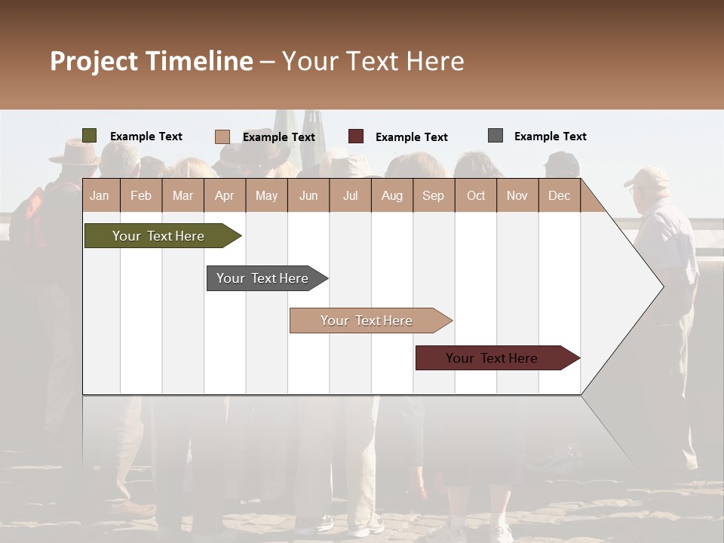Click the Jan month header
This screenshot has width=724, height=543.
click(x=100, y=195)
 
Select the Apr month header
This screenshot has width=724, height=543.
click(x=224, y=195)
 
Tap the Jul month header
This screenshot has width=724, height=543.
click(x=350, y=195)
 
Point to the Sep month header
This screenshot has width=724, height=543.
click(x=433, y=195)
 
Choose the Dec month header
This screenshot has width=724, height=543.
click(x=559, y=195)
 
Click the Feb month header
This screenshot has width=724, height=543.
click(x=141, y=195)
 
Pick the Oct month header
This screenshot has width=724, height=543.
click(x=476, y=195)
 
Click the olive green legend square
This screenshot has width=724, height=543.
click(x=90, y=136)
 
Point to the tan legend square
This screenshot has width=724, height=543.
click(x=222, y=137)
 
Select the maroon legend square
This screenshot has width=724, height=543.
click(x=356, y=137)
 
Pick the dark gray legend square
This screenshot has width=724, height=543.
click(x=495, y=136)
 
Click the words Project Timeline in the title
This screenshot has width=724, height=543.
click(x=152, y=61)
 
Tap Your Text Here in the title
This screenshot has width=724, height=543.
click(x=373, y=61)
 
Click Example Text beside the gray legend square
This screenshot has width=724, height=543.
click(x=550, y=136)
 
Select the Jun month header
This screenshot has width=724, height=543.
click(x=308, y=195)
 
